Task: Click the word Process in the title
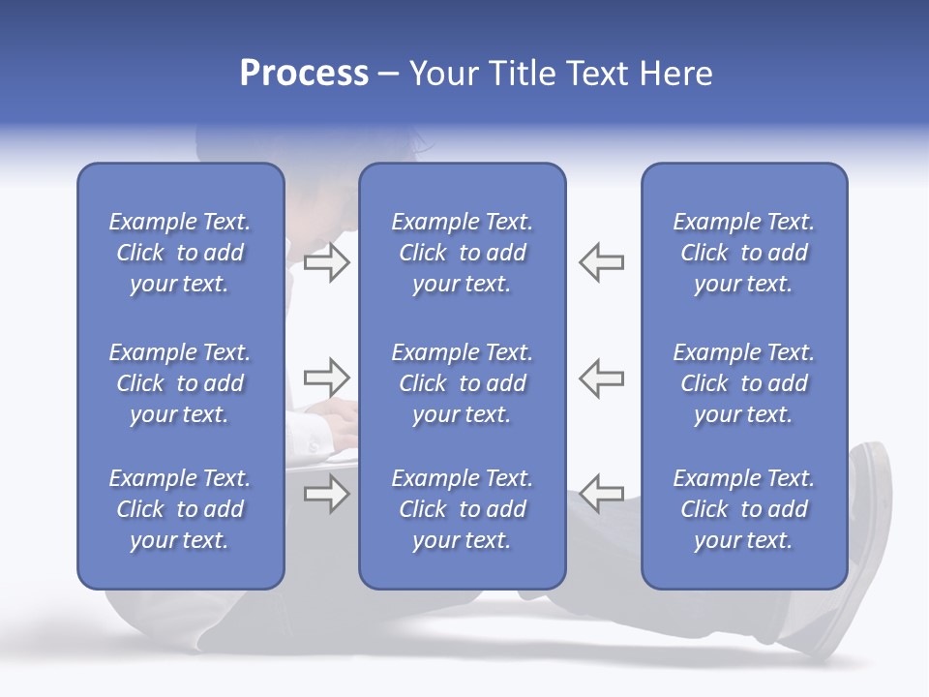tap(304, 74)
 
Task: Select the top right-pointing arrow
tap(326, 261)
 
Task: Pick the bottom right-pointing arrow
tap(326, 494)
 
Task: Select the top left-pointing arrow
tap(601, 261)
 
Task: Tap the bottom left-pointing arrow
tap(601, 494)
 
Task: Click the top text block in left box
tap(180, 253)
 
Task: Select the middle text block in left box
tap(180, 383)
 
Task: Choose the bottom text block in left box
tap(180, 509)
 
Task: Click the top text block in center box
tap(462, 253)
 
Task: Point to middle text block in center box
tap(462, 383)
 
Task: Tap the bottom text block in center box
tap(462, 509)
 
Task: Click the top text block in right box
tap(743, 253)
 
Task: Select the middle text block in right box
tap(743, 383)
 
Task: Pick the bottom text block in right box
tap(743, 509)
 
